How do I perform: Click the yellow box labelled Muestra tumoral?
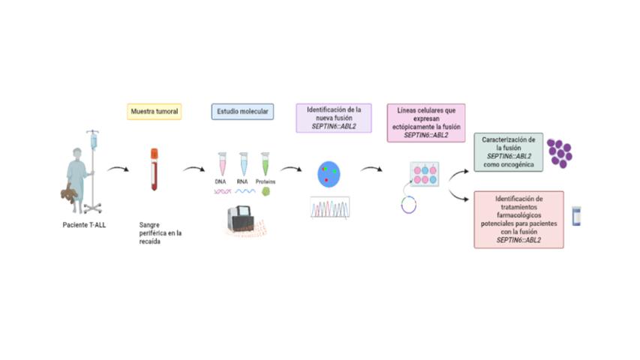155,112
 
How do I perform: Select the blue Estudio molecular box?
242,112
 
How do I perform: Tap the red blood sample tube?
155,169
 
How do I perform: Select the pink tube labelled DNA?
222,164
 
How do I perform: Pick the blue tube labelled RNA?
244,164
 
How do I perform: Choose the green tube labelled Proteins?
265,164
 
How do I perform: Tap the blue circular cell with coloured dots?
329,174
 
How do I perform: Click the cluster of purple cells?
559,152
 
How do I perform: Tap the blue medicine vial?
576,216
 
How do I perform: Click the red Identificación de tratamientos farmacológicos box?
518,219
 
